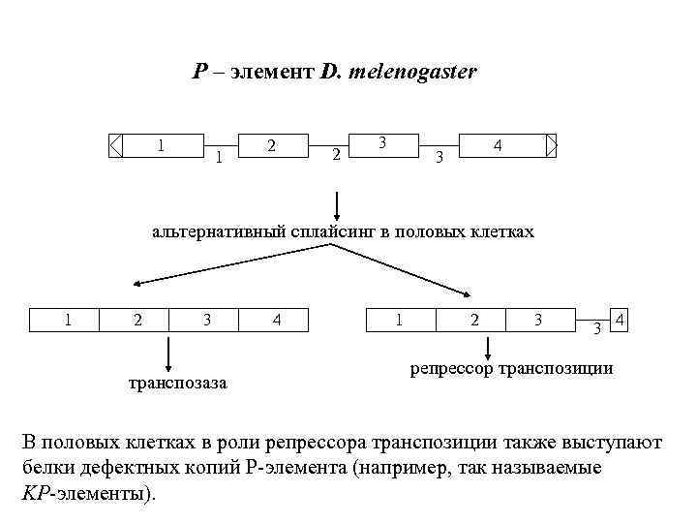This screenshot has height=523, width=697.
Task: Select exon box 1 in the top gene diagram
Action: click(163, 145)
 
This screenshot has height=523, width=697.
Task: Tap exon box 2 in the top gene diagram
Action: click(273, 145)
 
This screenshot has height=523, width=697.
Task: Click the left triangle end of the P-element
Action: click(116, 145)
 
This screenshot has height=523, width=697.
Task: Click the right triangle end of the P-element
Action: click(552, 145)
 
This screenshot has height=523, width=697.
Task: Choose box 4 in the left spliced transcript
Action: click(277, 319)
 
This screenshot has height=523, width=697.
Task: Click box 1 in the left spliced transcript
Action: click(68, 319)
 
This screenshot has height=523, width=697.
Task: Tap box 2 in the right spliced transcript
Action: click(473, 319)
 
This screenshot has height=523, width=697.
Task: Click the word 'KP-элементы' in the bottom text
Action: click(85, 492)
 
